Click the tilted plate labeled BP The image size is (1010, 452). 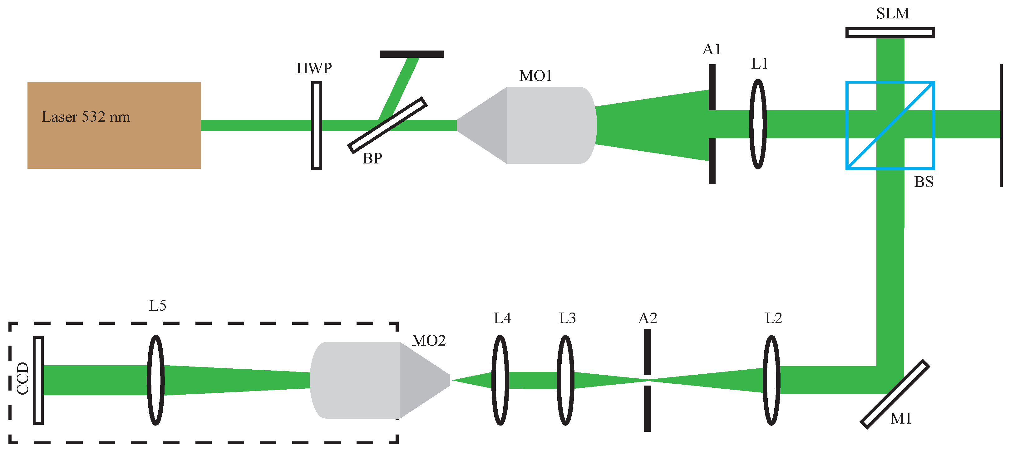pos(387,125)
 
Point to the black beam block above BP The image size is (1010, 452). pos(412,54)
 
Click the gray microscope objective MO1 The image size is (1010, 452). pos(545,125)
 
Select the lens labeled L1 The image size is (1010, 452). pos(758,124)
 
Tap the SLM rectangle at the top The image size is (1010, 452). pos(890,32)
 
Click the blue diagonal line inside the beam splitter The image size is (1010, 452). pos(902,114)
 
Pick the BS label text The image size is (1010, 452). pos(924,182)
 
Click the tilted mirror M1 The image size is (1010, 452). pos(895,394)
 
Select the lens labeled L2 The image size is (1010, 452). pos(771,380)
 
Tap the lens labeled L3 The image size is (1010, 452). pos(565,380)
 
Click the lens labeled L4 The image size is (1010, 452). pos(500,380)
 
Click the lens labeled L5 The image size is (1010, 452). pos(156,380)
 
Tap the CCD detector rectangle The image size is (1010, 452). pos(38,380)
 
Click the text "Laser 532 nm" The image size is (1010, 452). pos(86,117)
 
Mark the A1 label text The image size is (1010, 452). pos(711,49)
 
